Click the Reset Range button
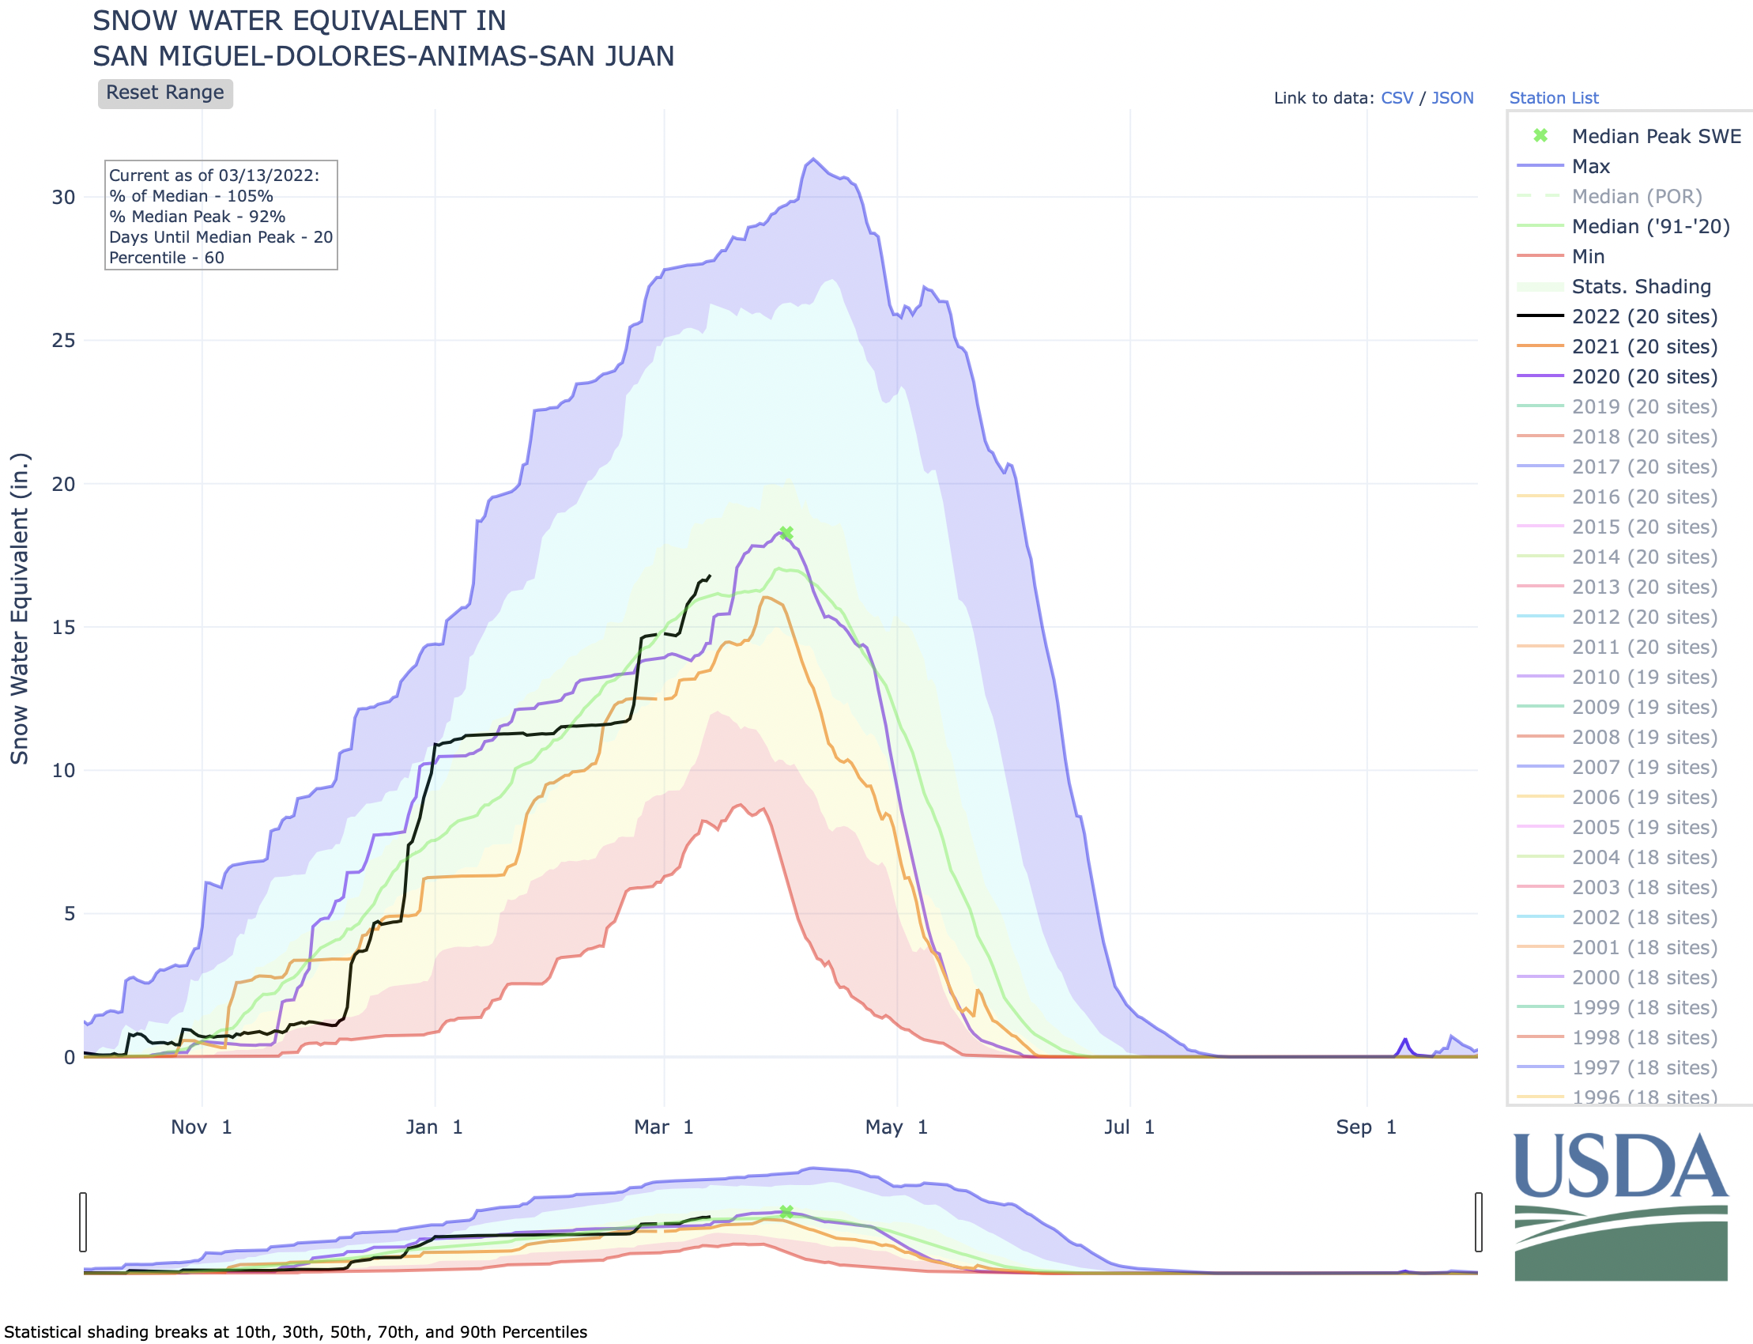pos(164,92)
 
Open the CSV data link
pos(1397,97)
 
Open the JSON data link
pos(1452,97)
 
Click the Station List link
pos(1553,97)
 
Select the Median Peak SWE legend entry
pos(1656,136)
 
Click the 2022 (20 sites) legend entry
pos(1643,317)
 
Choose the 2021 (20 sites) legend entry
pos(1643,346)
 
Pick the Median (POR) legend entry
pos(1636,196)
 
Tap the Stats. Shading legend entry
pos(1641,286)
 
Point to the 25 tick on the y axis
pos(63,341)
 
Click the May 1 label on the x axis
pos(895,1127)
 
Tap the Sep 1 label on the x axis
pos(1366,1127)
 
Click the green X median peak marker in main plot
pos(786,533)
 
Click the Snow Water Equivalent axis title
pos(19,608)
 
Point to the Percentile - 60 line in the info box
pos(166,258)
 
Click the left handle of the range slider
pos(83,1221)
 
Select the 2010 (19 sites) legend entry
pos(1643,678)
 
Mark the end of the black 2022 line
pos(711,576)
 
